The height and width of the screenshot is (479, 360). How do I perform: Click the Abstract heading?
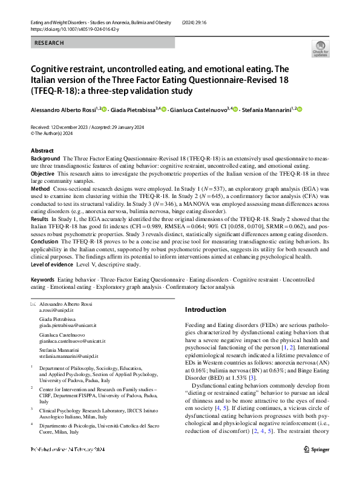point(42,150)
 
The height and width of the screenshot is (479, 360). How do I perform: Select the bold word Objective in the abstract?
point(42,173)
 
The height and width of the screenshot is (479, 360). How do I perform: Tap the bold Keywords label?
point(43,280)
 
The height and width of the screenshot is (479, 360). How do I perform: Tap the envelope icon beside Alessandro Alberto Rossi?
point(33,303)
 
